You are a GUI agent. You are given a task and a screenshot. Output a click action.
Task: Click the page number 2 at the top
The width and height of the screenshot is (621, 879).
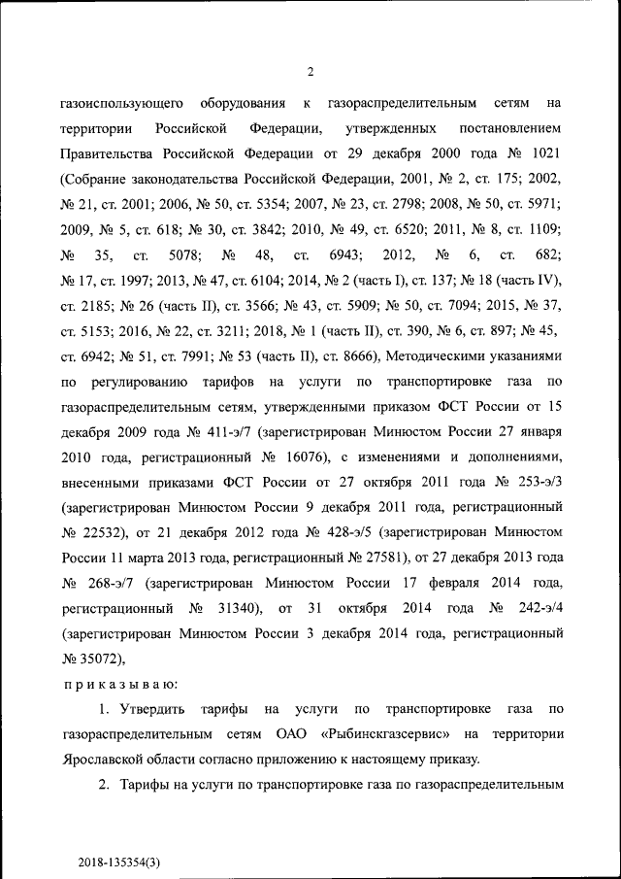tap(310, 69)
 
